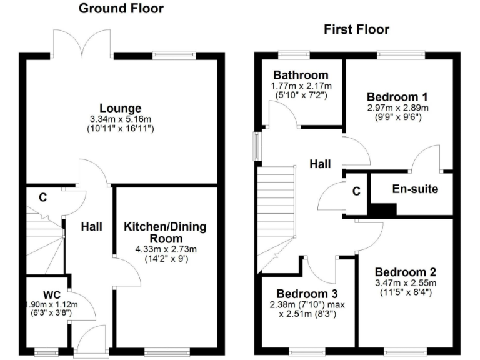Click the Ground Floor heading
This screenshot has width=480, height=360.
121,8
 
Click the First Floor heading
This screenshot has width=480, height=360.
356,29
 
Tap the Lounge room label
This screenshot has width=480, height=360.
120,108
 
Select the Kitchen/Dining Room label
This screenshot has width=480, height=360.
165,232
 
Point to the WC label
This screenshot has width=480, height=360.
51,294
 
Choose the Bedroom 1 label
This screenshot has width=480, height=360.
397,97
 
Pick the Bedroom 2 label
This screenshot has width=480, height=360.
406,272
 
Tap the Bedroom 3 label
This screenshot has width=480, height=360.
307,294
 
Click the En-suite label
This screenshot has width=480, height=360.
415,189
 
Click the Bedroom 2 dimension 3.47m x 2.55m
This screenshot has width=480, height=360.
406,283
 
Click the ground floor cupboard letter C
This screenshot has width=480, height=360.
43,197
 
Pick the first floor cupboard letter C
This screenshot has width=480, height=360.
356,192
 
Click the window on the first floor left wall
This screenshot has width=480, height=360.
256,146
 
